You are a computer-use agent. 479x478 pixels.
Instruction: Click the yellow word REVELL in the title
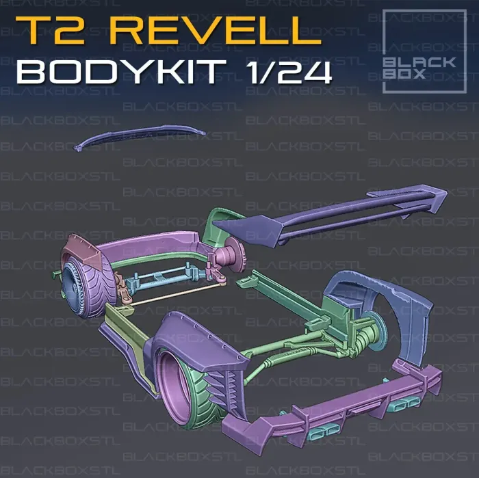coord(218,31)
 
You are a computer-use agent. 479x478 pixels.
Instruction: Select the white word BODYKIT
coord(122,72)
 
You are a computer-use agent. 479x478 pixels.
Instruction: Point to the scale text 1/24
coord(290,72)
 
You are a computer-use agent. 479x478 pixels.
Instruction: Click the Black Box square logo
coord(425,51)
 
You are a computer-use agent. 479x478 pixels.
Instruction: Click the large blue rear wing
coord(330,215)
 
